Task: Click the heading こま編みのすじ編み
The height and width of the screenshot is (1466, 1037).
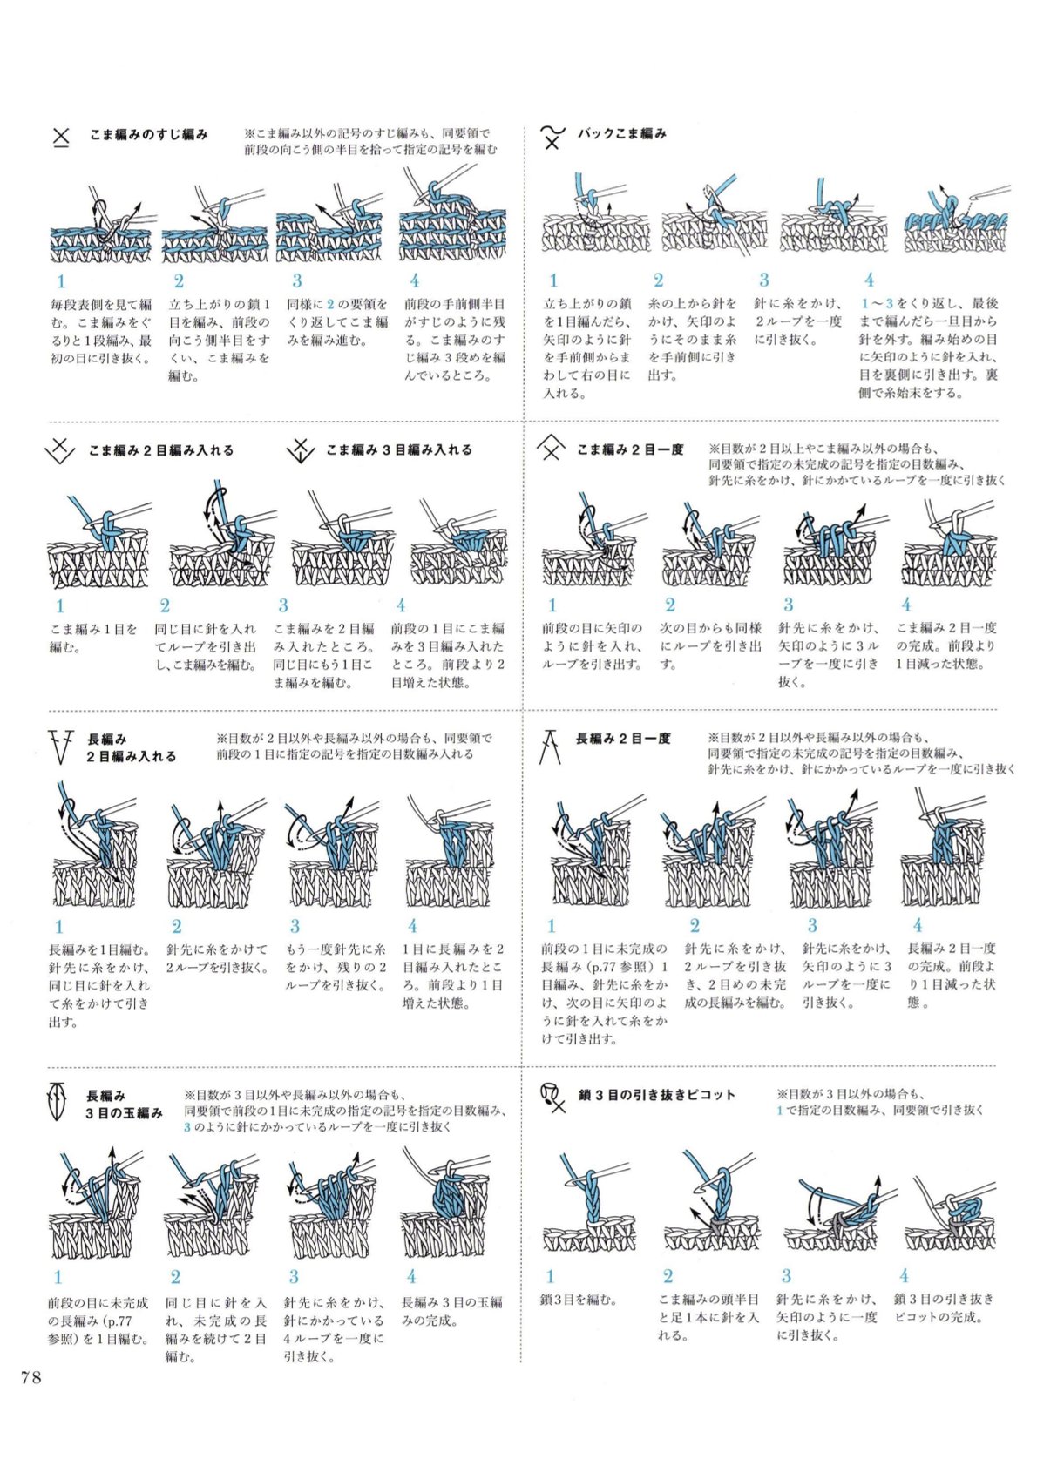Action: pos(149,135)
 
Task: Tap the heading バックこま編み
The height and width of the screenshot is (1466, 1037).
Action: pos(621,133)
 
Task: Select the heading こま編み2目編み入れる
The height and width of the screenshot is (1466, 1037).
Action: pos(161,450)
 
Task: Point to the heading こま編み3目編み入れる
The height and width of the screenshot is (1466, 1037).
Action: pos(399,449)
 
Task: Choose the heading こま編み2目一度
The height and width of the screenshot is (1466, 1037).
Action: pos(630,449)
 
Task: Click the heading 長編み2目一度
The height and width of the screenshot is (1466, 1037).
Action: pos(623,739)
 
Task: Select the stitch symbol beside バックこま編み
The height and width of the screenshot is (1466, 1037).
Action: pos(553,136)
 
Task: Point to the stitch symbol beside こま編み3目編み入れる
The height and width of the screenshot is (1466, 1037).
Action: pos(300,449)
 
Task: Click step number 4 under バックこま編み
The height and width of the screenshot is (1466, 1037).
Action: pos(870,280)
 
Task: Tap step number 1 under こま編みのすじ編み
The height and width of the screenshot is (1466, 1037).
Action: pos(61,281)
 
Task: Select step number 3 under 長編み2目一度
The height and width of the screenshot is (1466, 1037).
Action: pos(812,925)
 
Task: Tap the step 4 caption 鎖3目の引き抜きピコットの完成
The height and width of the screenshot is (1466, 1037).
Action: pos(944,1309)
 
